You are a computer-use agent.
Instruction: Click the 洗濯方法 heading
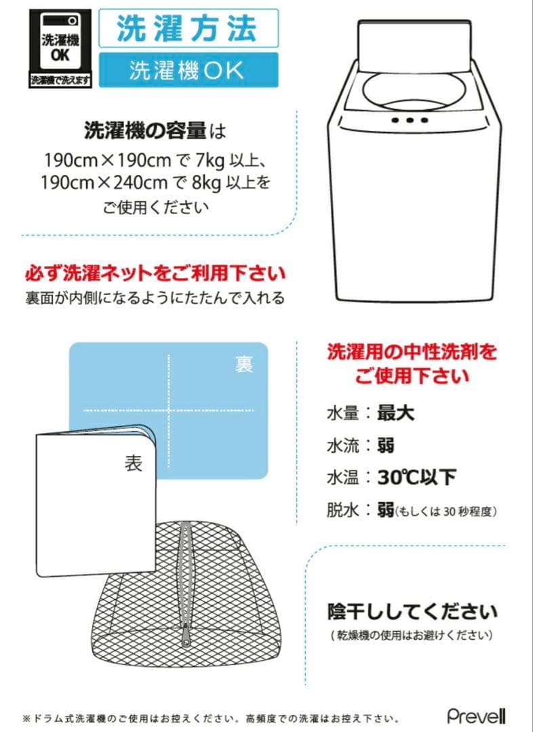[x=187, y=28]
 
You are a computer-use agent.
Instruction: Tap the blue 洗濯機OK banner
[x=187, y=70]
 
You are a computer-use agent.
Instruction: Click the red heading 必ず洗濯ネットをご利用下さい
[x=155, y=274]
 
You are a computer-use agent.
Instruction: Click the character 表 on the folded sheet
[x=133, y=463]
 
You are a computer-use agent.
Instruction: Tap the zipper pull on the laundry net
[x=185, y=635]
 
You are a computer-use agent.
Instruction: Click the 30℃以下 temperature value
[x=416, y=477]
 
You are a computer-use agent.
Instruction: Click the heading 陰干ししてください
[x=412, y=612]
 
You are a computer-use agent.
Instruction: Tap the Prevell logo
[x=476, y=716]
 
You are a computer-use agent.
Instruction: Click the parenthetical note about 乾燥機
[x=412, y=636]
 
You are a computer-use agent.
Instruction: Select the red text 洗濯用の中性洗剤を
[x=412, y=352]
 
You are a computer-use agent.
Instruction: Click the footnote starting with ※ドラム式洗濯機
[x=210, y=718]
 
